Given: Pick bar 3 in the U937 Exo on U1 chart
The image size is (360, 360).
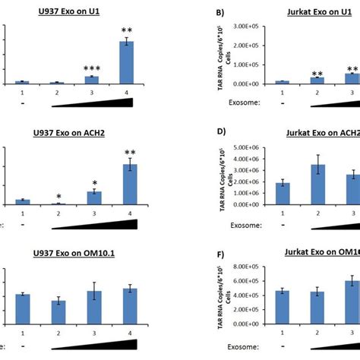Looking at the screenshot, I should click(90, 80).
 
